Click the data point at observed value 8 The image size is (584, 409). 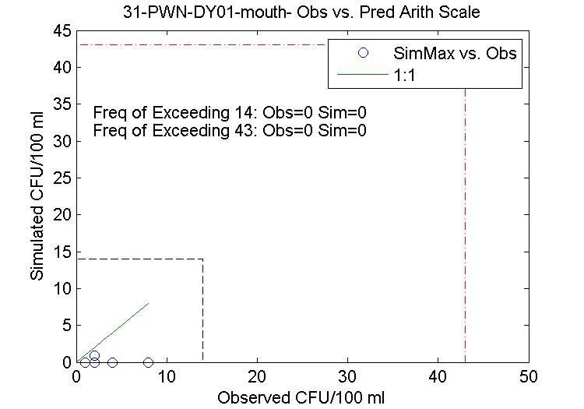[x=148, y=362]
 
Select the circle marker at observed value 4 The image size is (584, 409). [x=112, y=362]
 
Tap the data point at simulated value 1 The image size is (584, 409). [x=94, y=355]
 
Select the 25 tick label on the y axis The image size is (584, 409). [x=62, y=178]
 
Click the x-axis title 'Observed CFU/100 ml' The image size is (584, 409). [x=301, y=397]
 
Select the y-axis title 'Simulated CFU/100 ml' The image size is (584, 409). [x=37, y=196]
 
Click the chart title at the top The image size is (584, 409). [x=302, y=12]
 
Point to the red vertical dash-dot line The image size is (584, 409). [x=465, y=234]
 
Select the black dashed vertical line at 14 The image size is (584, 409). [x=202, y=312]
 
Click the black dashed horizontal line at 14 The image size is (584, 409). [x=140, y=259]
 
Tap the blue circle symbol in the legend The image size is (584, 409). [x=362, y=53]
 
